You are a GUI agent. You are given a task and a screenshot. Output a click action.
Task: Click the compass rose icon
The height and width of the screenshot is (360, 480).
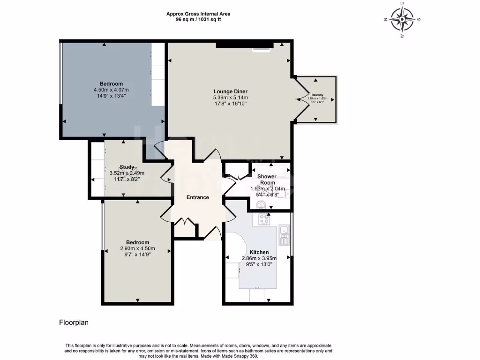click(x=402, y=19)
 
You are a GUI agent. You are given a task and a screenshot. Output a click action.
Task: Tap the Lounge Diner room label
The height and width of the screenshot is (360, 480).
click(x=230, y=91)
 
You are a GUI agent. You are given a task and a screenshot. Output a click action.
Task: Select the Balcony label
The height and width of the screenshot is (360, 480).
click(x=317, y=94)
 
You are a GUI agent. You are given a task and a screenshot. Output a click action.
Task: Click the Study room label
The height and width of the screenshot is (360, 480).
click(x=127, y=167)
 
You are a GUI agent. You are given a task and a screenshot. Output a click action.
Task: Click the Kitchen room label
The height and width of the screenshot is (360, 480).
click(x=259, y=252)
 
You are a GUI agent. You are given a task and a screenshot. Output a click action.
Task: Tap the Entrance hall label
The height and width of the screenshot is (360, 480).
click(x=197, y=197)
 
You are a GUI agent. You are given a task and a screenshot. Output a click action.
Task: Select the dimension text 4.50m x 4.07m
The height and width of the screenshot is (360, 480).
click(x=111, y=90)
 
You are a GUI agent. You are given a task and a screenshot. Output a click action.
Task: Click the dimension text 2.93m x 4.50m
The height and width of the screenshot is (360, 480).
click(x=137, y=248)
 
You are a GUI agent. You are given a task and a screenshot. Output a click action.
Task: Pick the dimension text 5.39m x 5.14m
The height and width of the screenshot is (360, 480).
click(x=230, y=97)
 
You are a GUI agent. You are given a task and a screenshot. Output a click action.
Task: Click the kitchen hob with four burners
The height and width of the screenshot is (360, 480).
click(x=263, y=219)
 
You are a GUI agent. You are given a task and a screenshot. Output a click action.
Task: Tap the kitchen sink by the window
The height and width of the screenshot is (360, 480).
click(x=283, y=231)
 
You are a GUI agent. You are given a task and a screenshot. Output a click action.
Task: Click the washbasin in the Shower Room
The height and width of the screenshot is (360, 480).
click(x=261, y=204)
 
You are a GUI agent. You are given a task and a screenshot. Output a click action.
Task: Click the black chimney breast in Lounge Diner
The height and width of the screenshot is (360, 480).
click(x=244, y=45)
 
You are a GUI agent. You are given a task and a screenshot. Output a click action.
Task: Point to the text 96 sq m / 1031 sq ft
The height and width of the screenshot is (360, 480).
click(x=198, y=20)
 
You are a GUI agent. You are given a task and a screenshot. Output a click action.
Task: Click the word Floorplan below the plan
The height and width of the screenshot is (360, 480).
click(x=74, y=322)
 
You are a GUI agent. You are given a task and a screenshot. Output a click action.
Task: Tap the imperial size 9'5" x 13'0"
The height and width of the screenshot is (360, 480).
click(x=259, y=264)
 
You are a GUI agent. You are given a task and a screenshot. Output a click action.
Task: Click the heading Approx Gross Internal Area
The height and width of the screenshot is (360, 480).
click(x=198, y=14)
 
